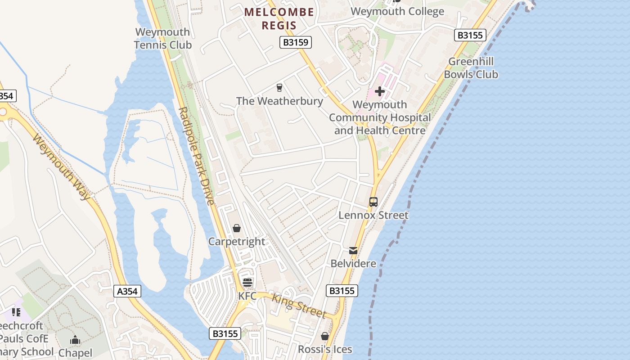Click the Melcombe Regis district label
(279, 18)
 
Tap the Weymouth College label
(397, 11)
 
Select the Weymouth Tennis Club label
(162, 39)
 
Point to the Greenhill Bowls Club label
(471, 68)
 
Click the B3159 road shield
(295, 43)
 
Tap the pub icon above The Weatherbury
(279, 87)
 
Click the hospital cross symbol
(380, 91)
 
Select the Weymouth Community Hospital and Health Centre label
(380, 117)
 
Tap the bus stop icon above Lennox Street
(373, 202)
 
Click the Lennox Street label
(373, 215)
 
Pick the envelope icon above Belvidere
(353, 251)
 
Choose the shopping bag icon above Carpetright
(237, 229)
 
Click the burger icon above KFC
(247, 283)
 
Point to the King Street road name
(299, 306)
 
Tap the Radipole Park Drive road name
(197, 156)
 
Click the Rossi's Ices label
(325, 349)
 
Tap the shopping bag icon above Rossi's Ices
(325, 336)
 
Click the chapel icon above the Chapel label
(75, 340)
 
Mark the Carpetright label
(237, 242)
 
